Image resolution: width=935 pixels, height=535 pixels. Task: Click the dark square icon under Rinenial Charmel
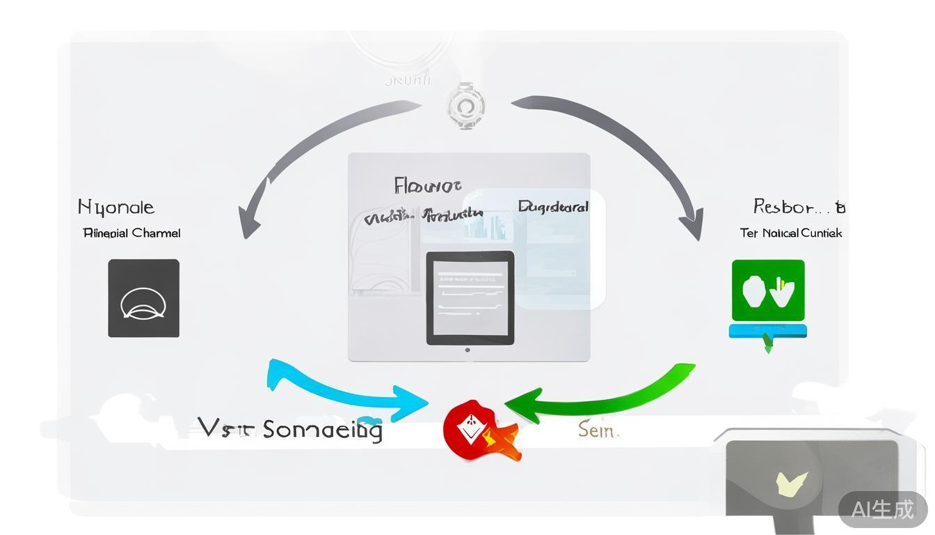pos(143,298)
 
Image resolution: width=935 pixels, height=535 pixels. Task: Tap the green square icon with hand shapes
pos(768,290)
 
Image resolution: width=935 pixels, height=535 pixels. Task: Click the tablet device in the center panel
pos(470,298)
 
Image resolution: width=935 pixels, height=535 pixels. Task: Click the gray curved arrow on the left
pos(313,153)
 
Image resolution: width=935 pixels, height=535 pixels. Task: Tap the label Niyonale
pos(116,207)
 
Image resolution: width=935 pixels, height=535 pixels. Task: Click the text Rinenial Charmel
pos(131,233)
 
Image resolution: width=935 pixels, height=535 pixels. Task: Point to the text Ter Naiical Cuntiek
pos(791,233)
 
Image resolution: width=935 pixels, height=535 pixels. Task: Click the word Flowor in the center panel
pos(427,186)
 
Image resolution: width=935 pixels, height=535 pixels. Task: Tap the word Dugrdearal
pos(553,207)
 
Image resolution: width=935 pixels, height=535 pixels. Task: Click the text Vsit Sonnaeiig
pos(290,428)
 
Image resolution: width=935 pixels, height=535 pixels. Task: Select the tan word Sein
pos(598,431)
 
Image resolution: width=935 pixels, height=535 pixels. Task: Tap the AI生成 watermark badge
pos(882,509)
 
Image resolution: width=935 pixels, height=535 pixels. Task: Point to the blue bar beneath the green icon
pos(767,331)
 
